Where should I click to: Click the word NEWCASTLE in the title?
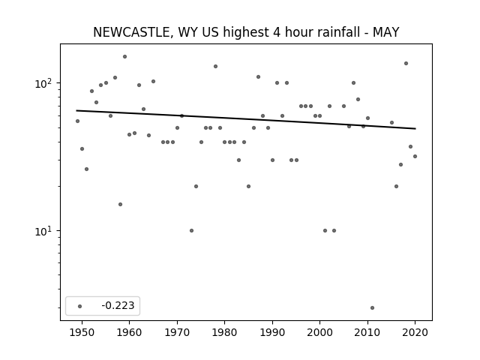(x=130, y=32)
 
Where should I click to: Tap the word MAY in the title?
(x=385, y=32)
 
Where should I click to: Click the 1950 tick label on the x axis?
(x=82, y=332)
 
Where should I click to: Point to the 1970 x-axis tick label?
(x=177, y=332)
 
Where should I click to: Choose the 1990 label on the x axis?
(x=272, y=332)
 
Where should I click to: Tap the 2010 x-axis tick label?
(x=367, y=332)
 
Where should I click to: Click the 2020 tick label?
(x=415, y=332)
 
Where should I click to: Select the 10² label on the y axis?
(x=45, y=83)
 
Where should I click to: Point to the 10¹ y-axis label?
(x=45, y=231)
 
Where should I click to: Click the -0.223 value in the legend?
(x=118, y=305)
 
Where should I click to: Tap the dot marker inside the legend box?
(x=80, y=306)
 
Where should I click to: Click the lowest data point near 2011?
(x=372, y=308)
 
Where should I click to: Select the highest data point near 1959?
(x=125, y=57)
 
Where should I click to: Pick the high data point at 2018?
(x=406, y=63)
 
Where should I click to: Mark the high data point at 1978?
(x=215, y=67)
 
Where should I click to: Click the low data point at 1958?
(x=120, y=205)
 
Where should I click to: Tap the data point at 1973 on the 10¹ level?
(x=192, y=230)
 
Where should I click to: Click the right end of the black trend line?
(x=415, y=128)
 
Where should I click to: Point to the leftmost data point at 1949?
(x=77, y=121)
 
